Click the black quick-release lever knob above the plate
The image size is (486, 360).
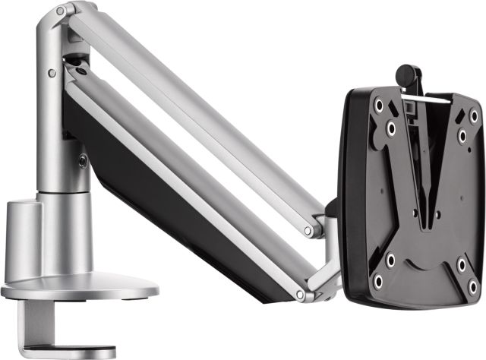pos(408,74)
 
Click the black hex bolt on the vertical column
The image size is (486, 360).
pos(82,160)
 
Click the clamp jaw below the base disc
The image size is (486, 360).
pos(46,338)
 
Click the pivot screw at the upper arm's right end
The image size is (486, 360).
pos(308,230)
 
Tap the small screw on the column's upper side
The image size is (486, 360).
pos(51,74)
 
